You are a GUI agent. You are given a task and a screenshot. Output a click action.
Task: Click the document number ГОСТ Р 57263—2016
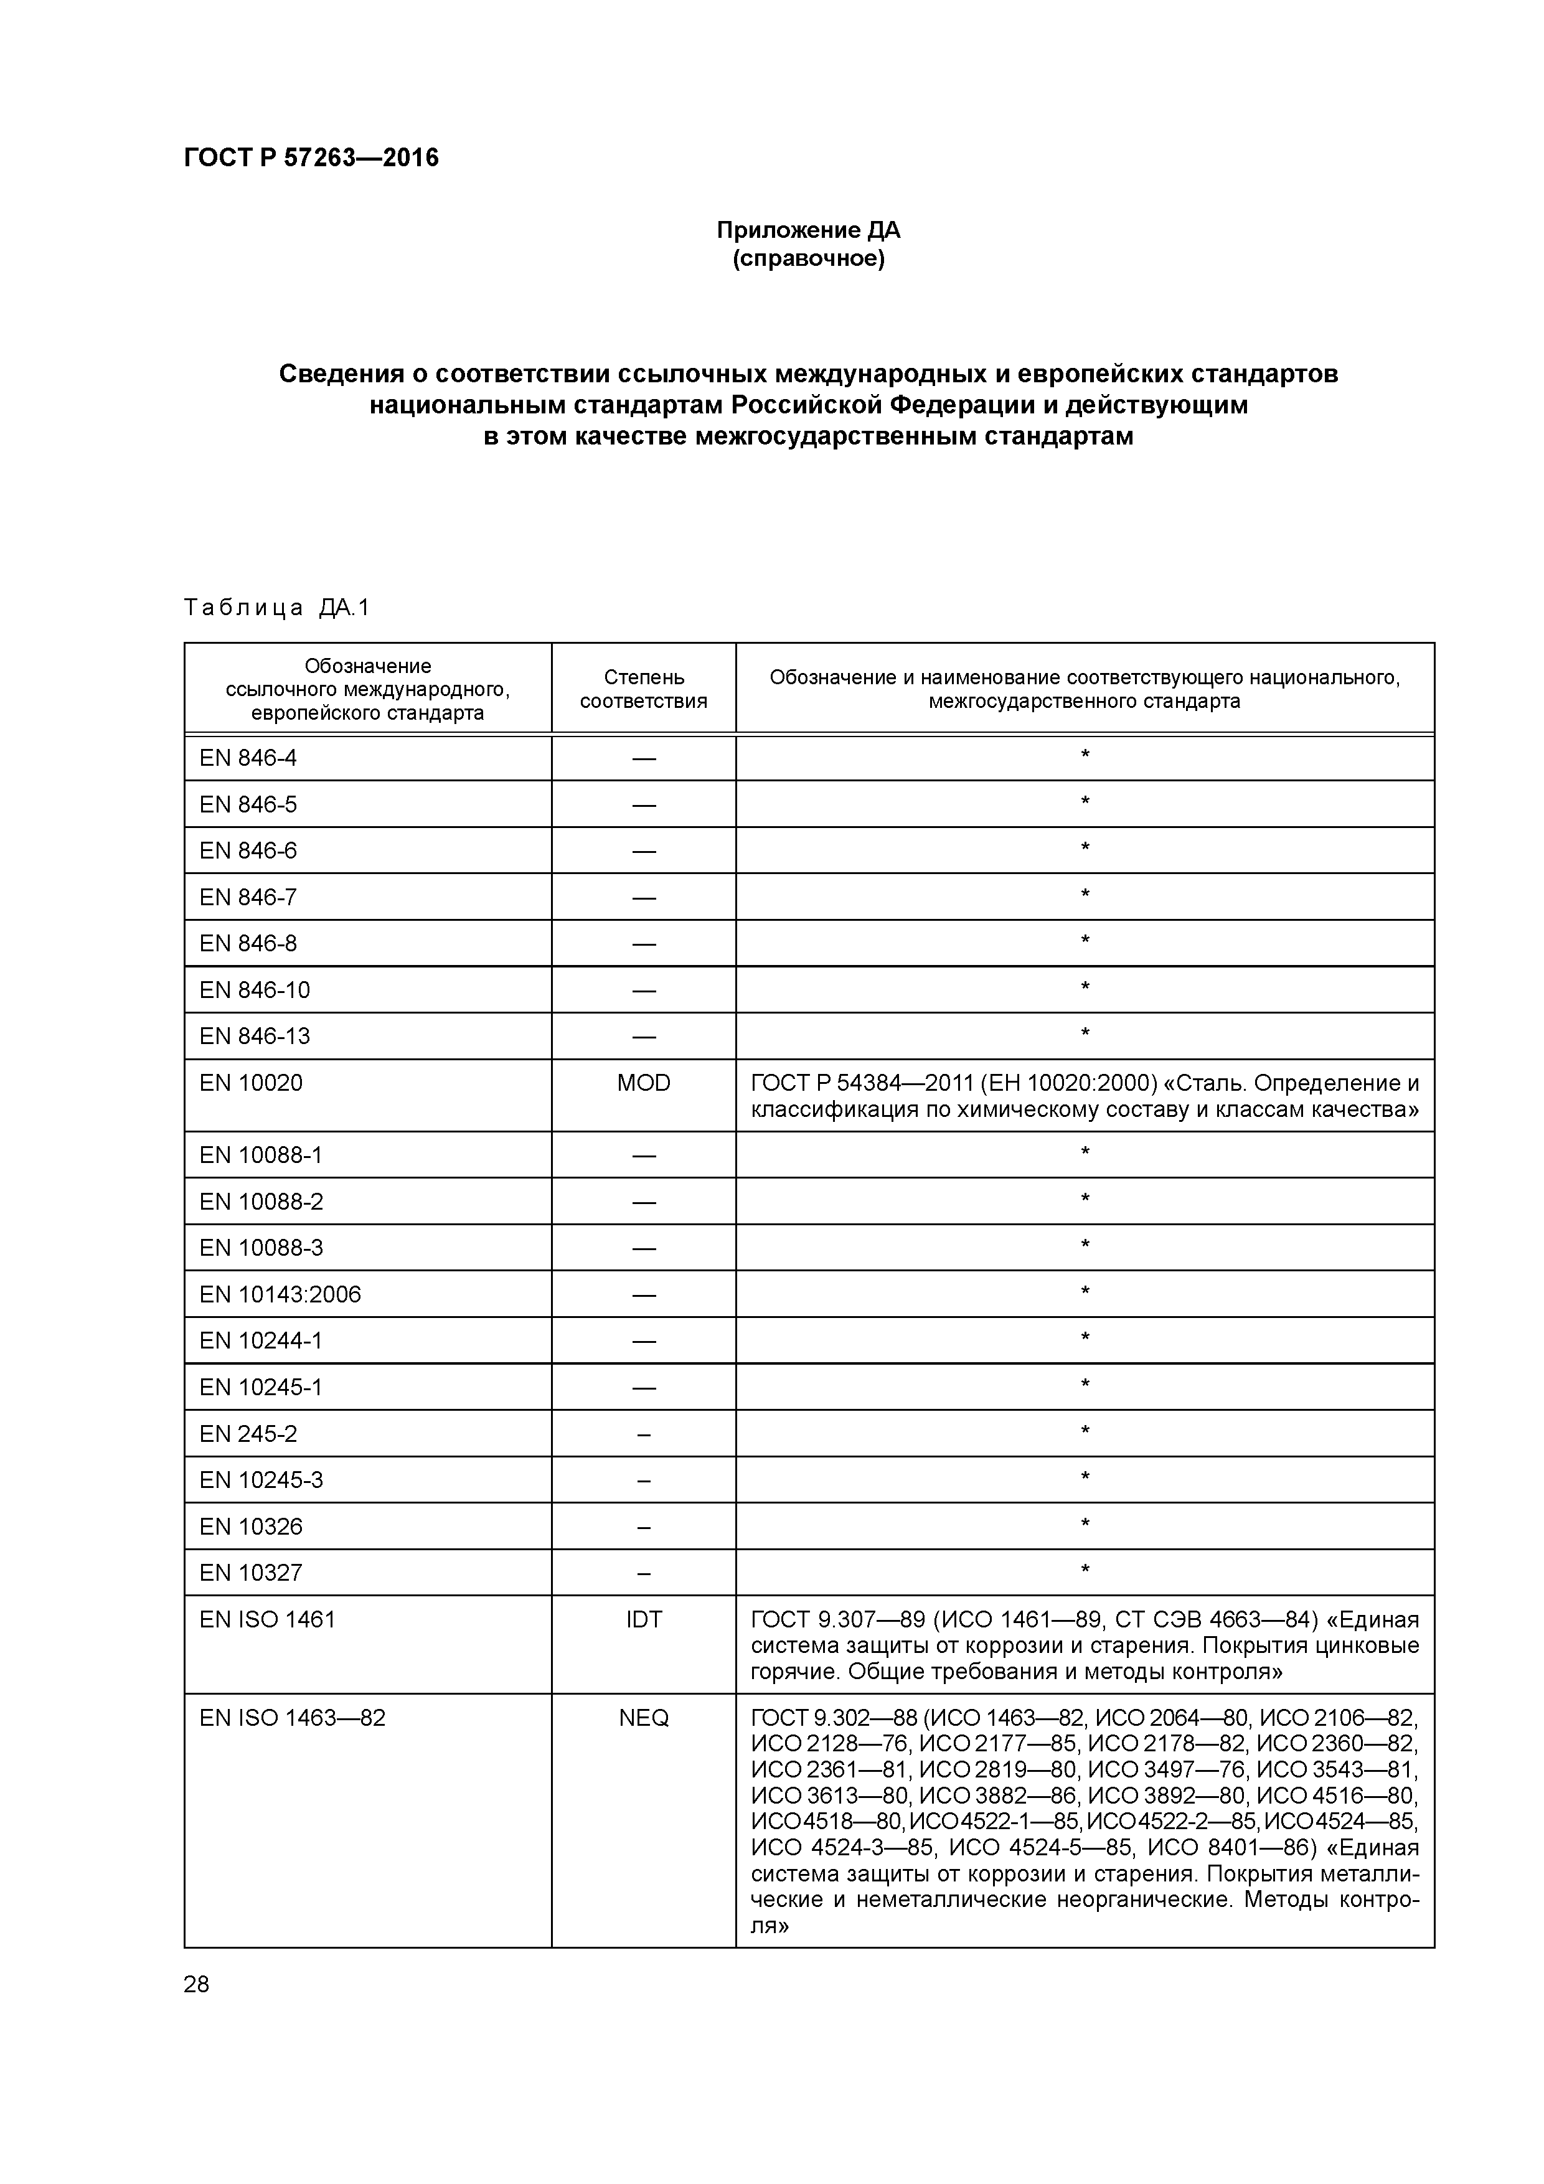pos(311,158)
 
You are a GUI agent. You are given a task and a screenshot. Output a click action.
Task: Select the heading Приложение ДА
pos(807,230)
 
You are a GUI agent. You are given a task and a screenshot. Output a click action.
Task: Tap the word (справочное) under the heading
pos(807,259)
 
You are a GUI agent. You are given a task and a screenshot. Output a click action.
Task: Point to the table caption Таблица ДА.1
pos(276,608)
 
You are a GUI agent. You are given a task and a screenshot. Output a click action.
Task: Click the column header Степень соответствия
pos(643,689)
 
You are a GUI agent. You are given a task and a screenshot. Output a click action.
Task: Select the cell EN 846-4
pos(248,758)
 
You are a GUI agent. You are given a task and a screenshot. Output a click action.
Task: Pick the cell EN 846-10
pos(255,991)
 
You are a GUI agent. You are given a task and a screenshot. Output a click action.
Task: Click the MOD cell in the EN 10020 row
pos(643,1083)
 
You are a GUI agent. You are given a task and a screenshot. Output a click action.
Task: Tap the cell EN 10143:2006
pos(281,1294)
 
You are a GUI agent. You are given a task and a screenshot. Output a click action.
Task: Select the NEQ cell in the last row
pos(643,1718)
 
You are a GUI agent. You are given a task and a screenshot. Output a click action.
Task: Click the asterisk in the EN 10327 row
pos(1085,1571)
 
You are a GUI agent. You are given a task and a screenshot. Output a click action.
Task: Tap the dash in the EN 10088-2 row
pos(643,1202)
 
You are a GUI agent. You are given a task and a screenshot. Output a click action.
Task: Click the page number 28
pos(196,1984)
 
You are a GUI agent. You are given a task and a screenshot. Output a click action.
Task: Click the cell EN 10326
pos(251,1527)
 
